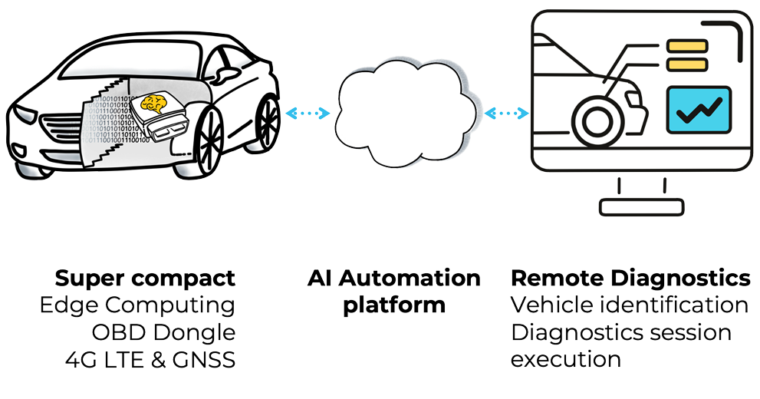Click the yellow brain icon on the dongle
pyautogui.click(x=153, y=104)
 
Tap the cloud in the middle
pyautogui.click(x=405, y=114)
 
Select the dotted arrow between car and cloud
pyautogui.click(x=308, y=114)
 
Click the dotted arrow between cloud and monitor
pyautogui.click(x=506, y=114)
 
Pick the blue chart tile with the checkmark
pyautogui.click(x=699, y=110)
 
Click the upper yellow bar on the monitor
pyautogui.click(x=687, y=47)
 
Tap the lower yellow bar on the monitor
pyautogui.click(x=687, y=64)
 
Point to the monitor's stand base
pyautogui.click(x=641, y=207)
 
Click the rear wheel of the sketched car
pyautogui.click(x=265, y=124)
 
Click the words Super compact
pyautogui.click(x=145, y=279)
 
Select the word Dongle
pyautogui.click(x=194, y=332)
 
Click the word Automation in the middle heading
pyautogui.click(x=410, y=279)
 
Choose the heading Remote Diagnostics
pyautogui.click(x=630, y=279)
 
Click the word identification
pyautogui.click(x=674, y=305)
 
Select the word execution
pyautogui.click(x=566, y=360)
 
